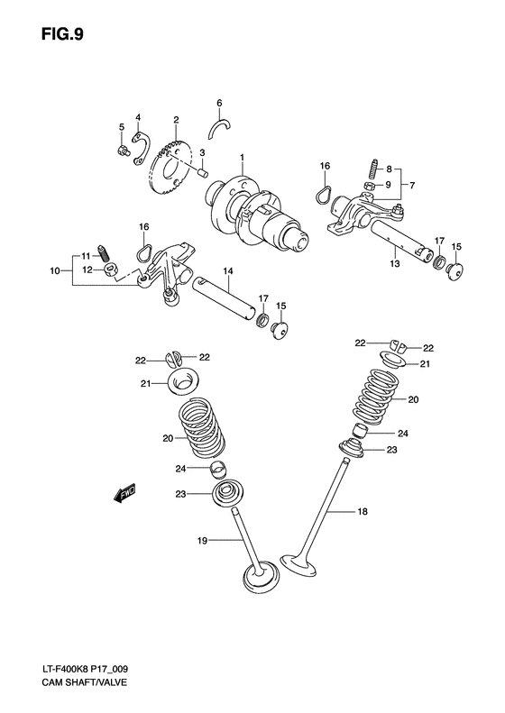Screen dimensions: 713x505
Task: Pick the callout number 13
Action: (x=394, y=265)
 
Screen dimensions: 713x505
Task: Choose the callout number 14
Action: (x=228, y=270)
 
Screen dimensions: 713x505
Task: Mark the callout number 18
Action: (x=361, y=513)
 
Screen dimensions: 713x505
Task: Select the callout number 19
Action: (x=203, y=542)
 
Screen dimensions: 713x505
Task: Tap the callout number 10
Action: (x=56, y=269)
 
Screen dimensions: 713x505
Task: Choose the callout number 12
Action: (x=87, y=269)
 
